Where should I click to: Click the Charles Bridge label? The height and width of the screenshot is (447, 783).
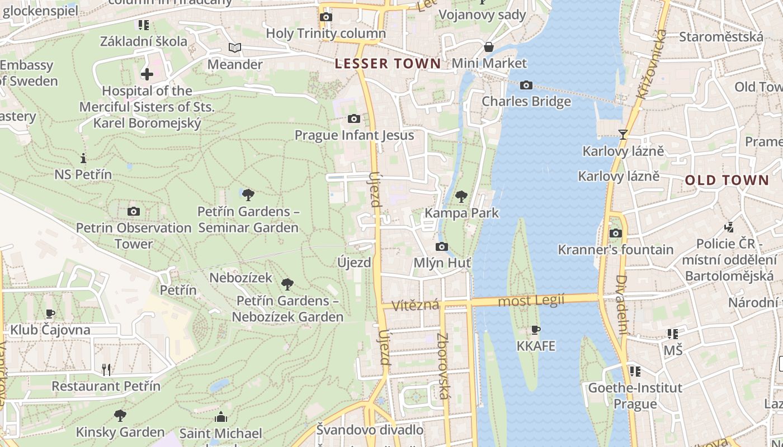click(526, 101)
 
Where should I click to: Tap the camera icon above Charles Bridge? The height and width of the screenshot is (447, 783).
click(526, 85)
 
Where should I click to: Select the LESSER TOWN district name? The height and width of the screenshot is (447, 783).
click(388, 64)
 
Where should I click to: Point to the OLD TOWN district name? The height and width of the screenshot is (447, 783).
click(727, 180)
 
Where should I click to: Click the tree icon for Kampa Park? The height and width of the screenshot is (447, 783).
click(461, 196)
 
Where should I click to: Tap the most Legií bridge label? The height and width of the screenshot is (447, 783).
click(531, 300)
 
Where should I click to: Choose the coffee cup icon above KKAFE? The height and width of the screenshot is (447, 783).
click(536, 330)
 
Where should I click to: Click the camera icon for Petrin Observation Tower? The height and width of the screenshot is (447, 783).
click(133, 211)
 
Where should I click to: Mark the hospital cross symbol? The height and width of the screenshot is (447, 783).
click(147, 74)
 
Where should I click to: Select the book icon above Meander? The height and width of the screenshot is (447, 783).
click(235, 48)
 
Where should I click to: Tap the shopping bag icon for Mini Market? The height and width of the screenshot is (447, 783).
click(489, 47)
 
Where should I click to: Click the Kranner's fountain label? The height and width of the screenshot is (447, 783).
click(615, 250)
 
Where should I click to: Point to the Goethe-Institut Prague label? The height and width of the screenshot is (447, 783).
click(635, 396)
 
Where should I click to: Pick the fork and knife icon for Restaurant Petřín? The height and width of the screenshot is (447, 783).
click(106, 369)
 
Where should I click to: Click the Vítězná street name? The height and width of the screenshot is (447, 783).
click(415, 306)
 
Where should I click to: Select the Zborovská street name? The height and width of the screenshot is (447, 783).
click(444, 366)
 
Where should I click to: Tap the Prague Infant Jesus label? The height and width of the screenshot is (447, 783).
click(354, 135)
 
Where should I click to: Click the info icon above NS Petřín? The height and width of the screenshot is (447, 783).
click(83, 158)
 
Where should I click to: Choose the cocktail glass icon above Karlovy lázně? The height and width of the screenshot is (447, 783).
click(622, 134)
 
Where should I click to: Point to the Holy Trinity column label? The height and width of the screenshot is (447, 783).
click(326, 34)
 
